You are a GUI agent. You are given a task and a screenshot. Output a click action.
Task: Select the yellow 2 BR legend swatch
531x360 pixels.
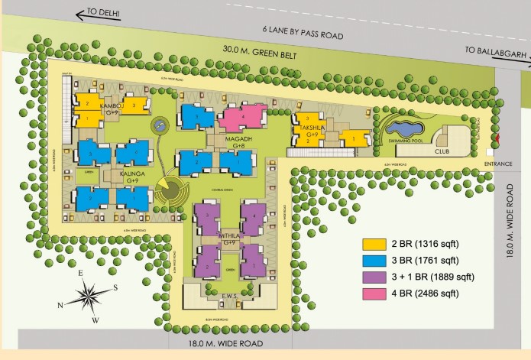375,244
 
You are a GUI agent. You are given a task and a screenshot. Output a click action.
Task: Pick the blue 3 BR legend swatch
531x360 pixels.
375,261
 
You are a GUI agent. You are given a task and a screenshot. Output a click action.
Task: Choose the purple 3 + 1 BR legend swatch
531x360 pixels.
375,277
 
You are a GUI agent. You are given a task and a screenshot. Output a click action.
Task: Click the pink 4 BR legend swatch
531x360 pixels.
375,294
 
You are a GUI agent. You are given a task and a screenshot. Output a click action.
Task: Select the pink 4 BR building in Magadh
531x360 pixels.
241,118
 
